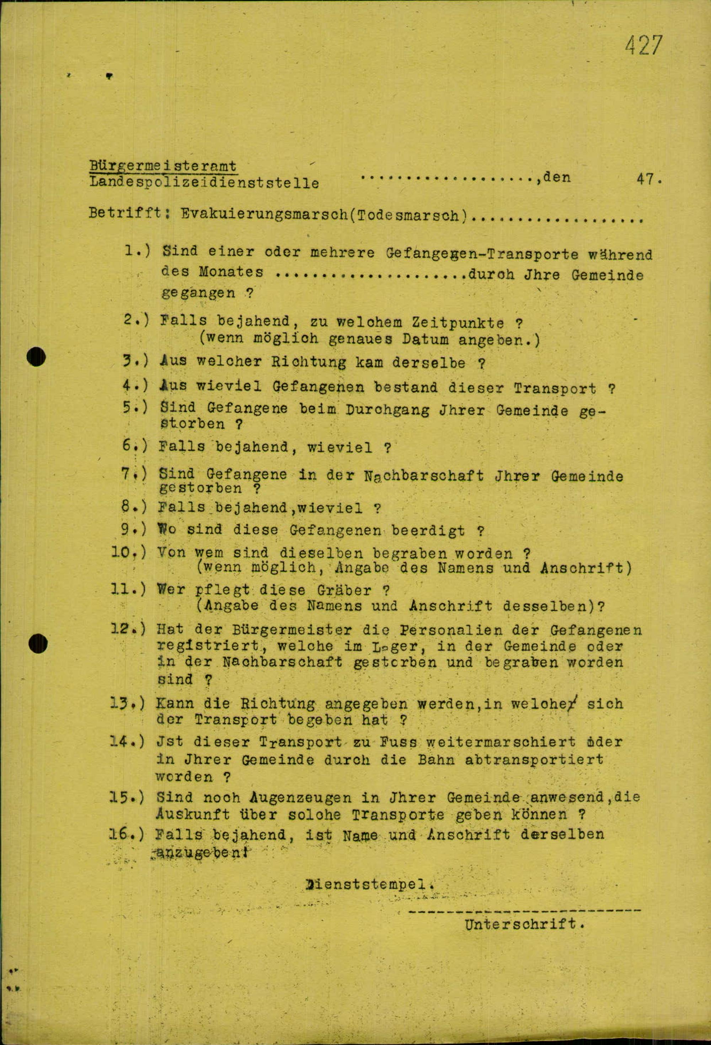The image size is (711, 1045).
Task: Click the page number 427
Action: pyautogui.click(x=643, y=46)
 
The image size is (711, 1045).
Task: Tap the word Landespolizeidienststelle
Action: pyautogui.click(x=204, y=183)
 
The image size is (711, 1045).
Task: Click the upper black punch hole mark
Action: pyautogui.click(x=36, y=358)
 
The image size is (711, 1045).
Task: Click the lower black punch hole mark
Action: pyautogui.click(x=38, y=643)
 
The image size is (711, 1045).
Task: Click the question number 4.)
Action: pyautogui.click(x=135, y=386)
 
